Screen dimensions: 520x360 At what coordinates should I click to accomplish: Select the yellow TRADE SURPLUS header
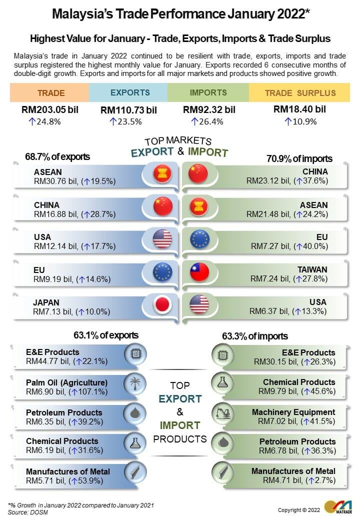pyautogui.click(x=300, y=93)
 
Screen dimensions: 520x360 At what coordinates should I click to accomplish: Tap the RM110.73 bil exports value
pyautogui.click(x=128, y=110)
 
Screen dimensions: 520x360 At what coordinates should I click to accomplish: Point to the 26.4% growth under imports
pyautogui.click(x=207, y=121)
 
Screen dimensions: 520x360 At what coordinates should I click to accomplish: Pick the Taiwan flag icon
pyautogui.click(x=199, y=271)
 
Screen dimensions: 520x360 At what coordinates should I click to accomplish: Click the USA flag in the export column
pyautogui.click(x=162, y=238)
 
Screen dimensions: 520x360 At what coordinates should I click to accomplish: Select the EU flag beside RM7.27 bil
pyautogui.click(x=199, y=239)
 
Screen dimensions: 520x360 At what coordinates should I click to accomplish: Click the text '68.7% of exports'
pyautogui.click(x=57, y=157)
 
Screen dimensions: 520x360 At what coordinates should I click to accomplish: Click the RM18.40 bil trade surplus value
pyautogui.click(x=300, y=109)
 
